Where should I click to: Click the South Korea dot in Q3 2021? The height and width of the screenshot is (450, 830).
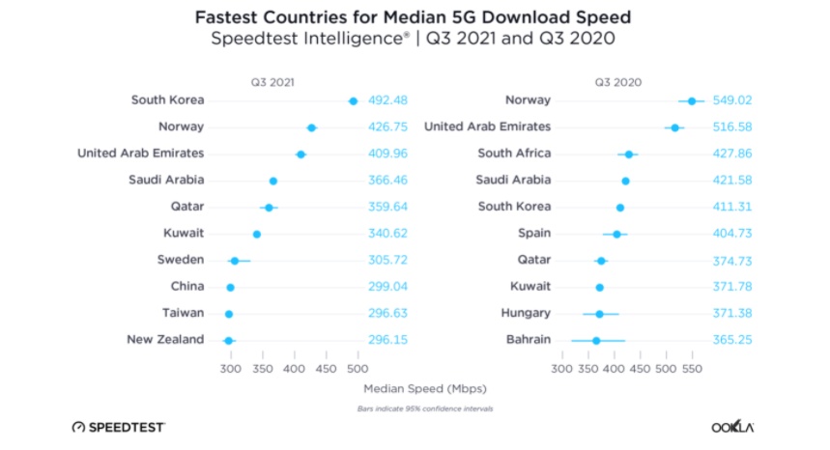point(353,100)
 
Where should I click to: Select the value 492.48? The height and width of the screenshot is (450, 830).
point(388,100)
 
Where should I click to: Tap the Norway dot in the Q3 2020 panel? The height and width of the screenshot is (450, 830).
point(691,100)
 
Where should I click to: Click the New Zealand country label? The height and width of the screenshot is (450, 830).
point(165,339)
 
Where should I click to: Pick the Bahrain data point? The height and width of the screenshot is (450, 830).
point(596,340)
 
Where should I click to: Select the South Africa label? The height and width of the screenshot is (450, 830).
point(514,154)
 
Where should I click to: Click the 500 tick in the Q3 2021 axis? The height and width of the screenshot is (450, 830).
point(358,368)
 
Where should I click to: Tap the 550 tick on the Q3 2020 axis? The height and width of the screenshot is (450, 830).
point(692,368)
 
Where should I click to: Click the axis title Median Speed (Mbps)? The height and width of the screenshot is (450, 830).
point(425,389)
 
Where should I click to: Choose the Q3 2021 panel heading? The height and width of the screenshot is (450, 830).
point(273,81)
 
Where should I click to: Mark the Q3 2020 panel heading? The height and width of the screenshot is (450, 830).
point(618,81)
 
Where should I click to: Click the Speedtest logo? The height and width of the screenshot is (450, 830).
point(119,426)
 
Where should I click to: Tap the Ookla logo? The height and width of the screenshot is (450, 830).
point(731,426)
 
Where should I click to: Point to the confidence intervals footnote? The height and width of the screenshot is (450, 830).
point(425,409)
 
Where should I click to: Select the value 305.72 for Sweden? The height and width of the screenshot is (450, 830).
point(388,260)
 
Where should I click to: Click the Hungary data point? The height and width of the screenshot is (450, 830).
point(599,313)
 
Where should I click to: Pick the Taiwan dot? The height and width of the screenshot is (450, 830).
point(229,314)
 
